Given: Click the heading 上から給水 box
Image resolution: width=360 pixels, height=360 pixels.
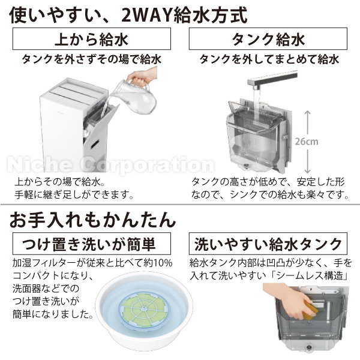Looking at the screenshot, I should [x=91, y=41].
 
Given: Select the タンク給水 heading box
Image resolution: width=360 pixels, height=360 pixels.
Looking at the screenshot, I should [x=268, y=41].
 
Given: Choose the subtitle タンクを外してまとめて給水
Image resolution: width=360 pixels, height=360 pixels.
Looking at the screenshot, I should [x=268, y=59].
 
